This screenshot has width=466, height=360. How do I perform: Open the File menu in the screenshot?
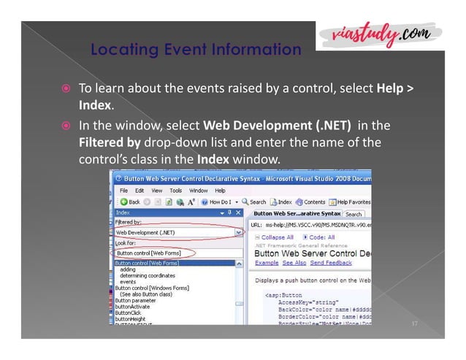127,190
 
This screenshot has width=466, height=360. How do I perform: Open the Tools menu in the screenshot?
175,190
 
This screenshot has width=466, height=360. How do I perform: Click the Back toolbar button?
131,202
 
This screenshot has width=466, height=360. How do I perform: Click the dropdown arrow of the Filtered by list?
238,233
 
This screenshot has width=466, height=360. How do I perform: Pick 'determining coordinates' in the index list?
146,275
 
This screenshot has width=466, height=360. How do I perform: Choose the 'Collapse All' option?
276,238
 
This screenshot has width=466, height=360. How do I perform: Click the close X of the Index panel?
239,212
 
